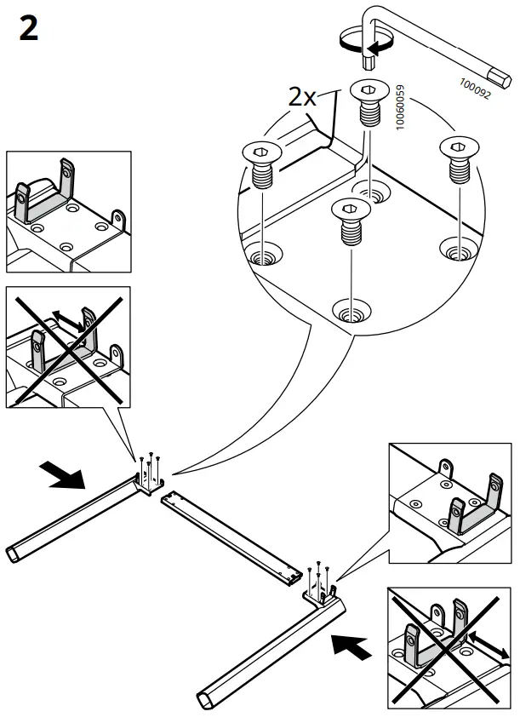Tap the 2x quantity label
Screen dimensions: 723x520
click(302, 97)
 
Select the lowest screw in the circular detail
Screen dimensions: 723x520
click(348, 220)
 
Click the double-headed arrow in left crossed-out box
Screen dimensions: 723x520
click(67, 319)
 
